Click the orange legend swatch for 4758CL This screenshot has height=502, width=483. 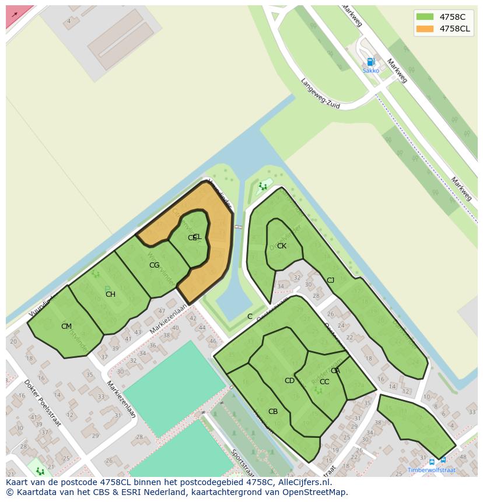click(x=425, y=29)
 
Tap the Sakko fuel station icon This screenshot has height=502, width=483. click(x=370, y=62)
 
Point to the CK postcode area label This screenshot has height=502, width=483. click(x=282, y=246)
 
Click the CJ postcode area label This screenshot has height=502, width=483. click(x=330, y=280)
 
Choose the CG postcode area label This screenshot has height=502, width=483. click(x=154, y=265)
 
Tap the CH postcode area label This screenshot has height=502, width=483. click(x=110, y=294)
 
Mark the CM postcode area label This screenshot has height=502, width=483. click(x=66, y=327)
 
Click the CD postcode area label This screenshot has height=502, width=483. click(x=289, y=381)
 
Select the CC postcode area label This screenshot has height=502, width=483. click(x=324, y=382)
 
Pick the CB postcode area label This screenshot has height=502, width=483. click(x=273, y=412)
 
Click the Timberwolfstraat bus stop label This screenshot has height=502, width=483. click(x=432, y=470)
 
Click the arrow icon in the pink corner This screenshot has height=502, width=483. click(x=15, y=15)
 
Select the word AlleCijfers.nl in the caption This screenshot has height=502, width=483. click(x=303, y=483)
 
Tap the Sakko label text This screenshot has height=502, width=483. click(x=370, y=71)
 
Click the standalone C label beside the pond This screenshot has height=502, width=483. click(x=250, y=317)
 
